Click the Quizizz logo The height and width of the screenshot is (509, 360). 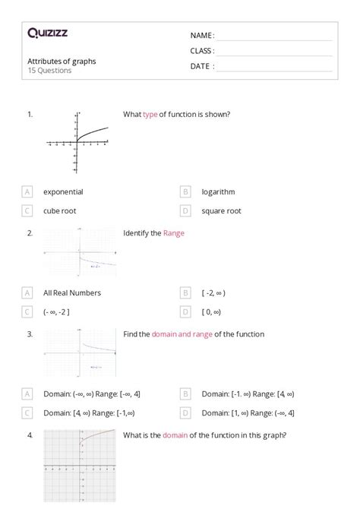[48, 33]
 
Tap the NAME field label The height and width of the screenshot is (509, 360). [202, 36]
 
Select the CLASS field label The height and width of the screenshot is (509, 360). [202, 51]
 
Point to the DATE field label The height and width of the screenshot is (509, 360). [202, 66]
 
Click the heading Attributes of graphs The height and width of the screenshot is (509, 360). [62, 61]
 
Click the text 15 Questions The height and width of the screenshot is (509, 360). [49, 71]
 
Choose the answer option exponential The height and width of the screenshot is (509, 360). [63, 192]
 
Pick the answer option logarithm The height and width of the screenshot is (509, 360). [218, 192]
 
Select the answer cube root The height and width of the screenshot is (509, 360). [59, 210]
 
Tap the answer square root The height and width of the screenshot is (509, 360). [221, 210]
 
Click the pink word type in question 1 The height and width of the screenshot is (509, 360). [150, 115]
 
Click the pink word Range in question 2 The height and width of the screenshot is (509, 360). [173, 233]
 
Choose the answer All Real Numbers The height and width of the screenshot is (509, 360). [72, 292]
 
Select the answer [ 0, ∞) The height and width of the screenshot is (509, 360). [211, 311]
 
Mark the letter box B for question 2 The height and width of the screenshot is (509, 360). [185, 292]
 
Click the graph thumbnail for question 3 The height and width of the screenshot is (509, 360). [80, 352]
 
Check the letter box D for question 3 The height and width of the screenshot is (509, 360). [185, 413]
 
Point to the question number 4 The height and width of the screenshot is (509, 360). [30, 435]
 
